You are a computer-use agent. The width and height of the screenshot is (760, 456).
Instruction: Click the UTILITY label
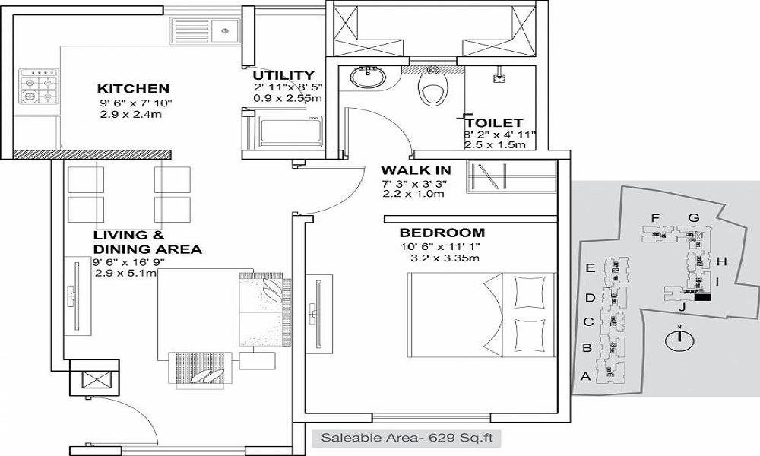283,75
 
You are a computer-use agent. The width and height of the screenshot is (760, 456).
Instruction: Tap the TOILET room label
494,122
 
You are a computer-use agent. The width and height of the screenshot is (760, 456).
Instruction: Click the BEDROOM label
442,233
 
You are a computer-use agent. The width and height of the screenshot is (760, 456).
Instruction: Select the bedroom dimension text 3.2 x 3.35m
445,258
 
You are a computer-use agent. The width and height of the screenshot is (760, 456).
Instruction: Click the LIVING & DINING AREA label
146,242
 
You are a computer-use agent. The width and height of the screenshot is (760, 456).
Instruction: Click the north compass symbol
676,340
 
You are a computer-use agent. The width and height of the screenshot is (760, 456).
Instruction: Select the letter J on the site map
682,308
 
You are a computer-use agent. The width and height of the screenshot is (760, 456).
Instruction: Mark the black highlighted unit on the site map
703,298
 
